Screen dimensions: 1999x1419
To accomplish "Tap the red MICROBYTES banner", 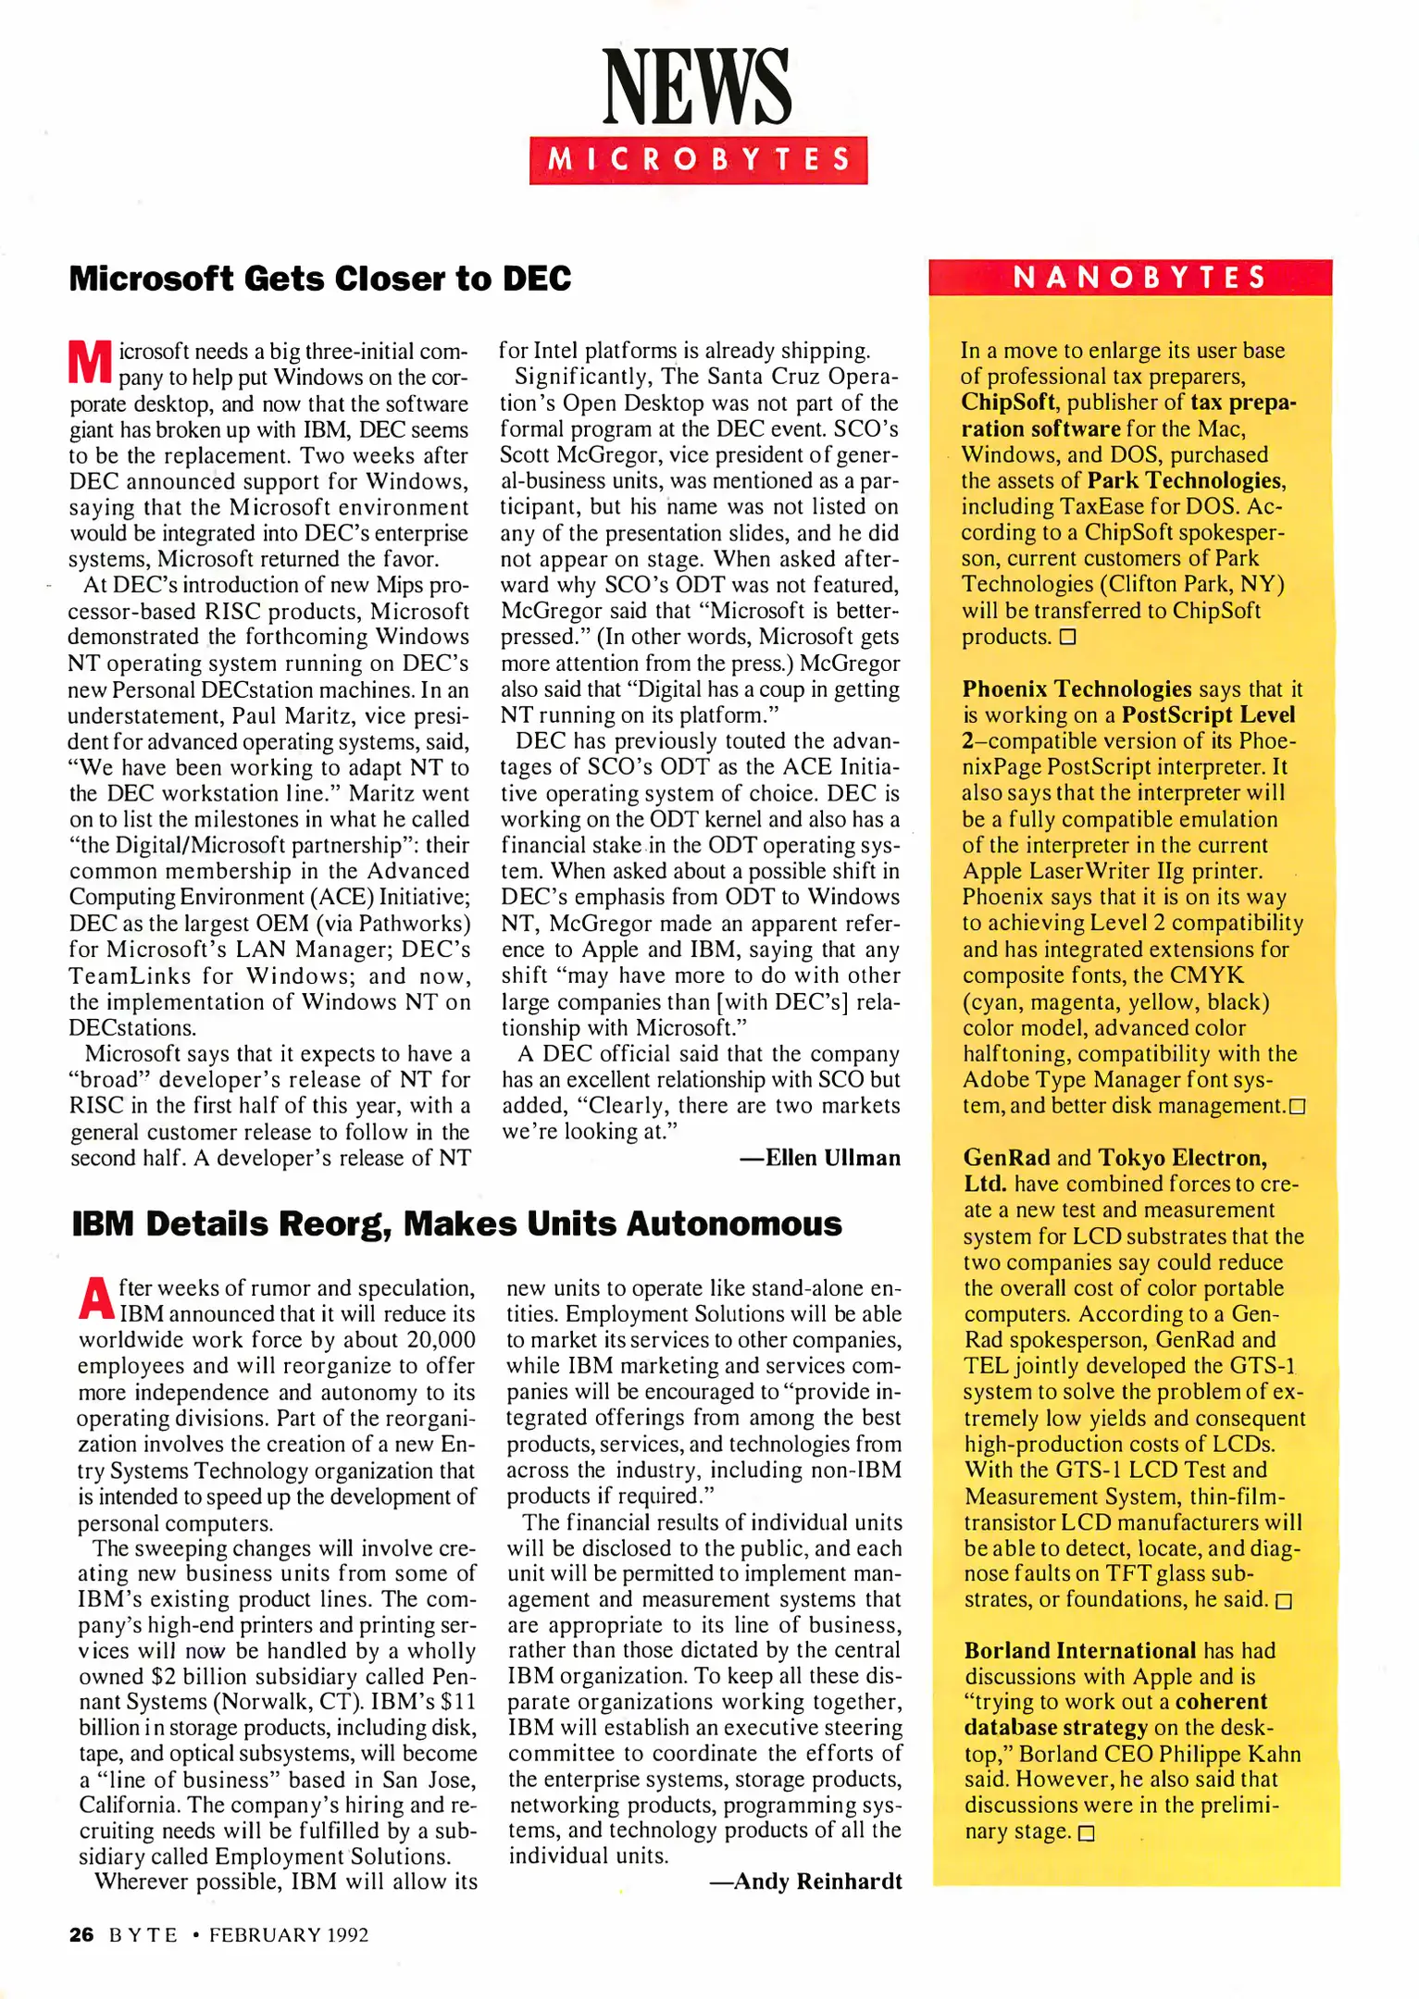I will (698, 160).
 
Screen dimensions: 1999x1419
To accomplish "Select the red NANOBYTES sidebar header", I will (1130, 277).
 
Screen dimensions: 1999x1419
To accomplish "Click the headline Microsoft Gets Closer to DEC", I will (320, 278).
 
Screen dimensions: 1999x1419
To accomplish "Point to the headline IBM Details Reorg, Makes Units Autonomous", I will (456, 1223).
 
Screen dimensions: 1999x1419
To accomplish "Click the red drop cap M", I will (90, 362).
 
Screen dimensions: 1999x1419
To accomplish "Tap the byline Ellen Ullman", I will (819, 1158).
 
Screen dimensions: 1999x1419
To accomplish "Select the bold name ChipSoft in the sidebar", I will (1007, 402).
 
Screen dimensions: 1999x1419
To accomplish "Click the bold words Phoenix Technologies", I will (1077, 689).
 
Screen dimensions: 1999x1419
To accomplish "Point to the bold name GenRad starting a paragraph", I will (1006, 1157).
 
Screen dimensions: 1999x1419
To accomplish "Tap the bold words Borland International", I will (1079, 1651).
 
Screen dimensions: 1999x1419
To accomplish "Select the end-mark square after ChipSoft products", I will (1067, 637).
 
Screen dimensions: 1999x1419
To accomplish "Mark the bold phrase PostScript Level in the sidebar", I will (1208, 714).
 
